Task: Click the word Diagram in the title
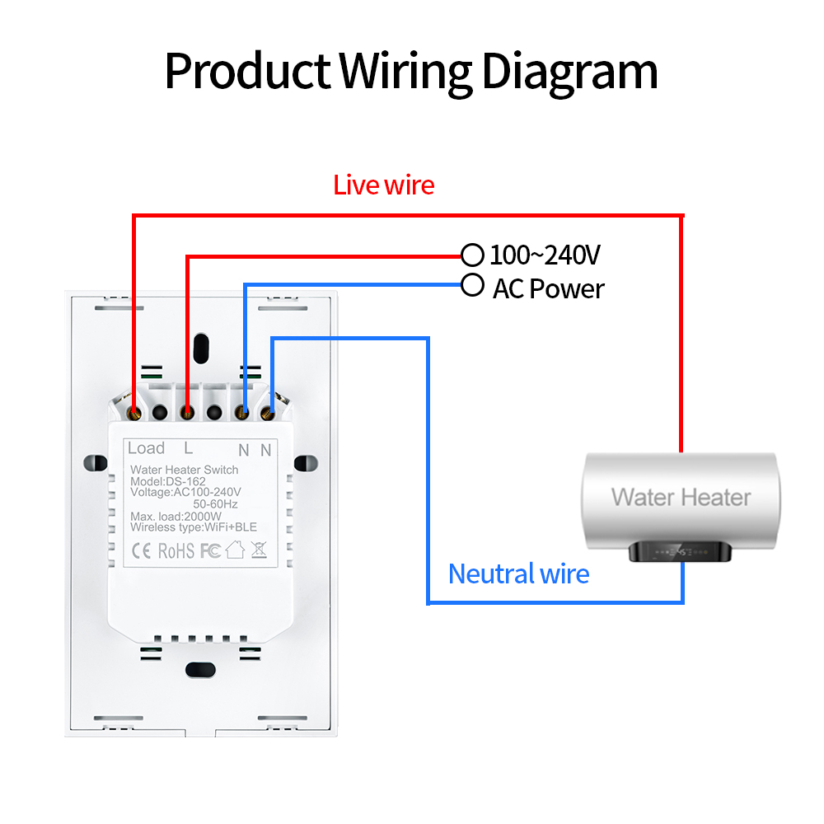(569, 72)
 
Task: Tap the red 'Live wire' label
(383, 185)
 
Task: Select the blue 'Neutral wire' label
(518, 573)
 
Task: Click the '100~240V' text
(545, 255)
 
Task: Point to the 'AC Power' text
(548, 289)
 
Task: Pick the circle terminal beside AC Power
(472, 285)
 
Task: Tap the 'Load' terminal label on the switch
(146, 448)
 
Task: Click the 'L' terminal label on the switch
(188, 448)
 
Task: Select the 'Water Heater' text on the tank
(681, 497)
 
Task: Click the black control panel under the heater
(681, 553)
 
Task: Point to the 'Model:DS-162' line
(162, 481)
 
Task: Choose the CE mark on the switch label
(141, 550)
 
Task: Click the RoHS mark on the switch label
(176, 550)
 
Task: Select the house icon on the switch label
(236, 549)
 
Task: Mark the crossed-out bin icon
(259, 549)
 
